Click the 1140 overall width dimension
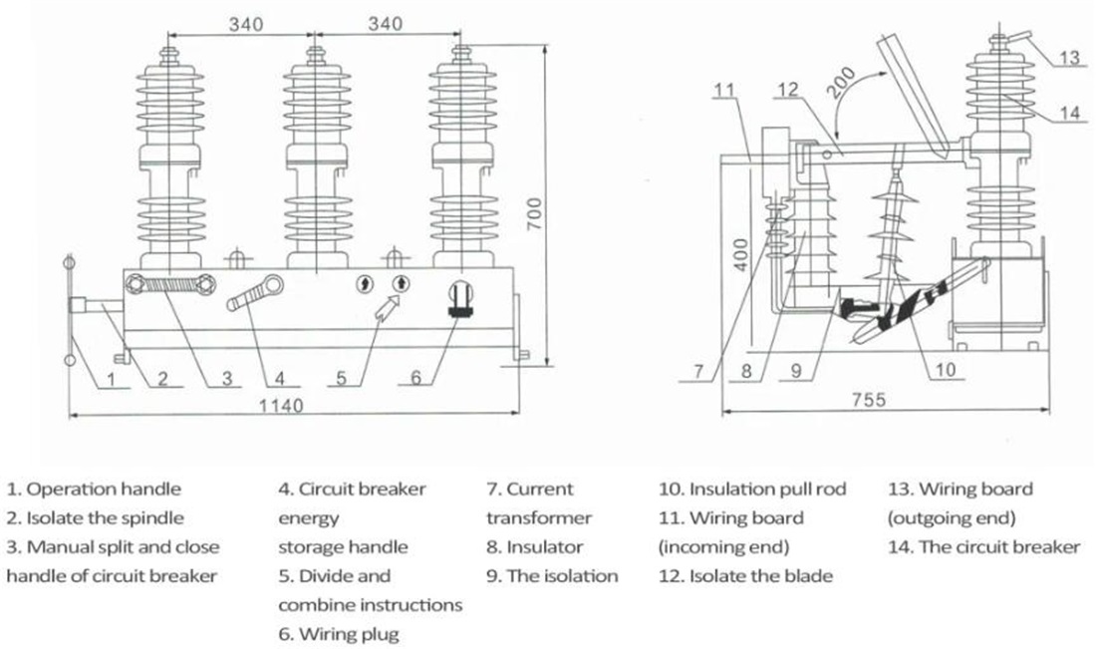(281, 406)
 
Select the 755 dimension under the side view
(869, 400)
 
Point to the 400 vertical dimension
(742, 254)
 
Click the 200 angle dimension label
(841, 82)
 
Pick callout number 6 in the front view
(415, 378)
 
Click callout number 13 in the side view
(1069, 57)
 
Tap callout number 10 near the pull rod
(945, 369)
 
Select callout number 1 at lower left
(111, 379)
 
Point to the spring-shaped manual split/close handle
(169, 285)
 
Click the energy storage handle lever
(256, 293)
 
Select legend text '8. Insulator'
(534, 547)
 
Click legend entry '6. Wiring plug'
(339, 634)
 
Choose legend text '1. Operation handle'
(94, 488)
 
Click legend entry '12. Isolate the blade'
(745, 575)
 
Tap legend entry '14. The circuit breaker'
(983, 547)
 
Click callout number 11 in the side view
(724, 90)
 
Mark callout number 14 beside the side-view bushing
(1069, 113)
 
